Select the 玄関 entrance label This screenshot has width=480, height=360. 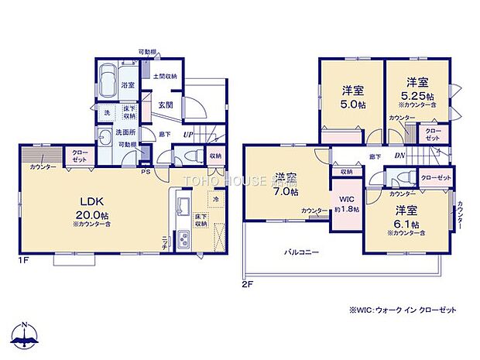pos(165,105)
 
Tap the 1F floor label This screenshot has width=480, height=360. pos(24,261)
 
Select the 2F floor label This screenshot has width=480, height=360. pos(246,284)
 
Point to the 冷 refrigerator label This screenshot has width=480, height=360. pos(216,199)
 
